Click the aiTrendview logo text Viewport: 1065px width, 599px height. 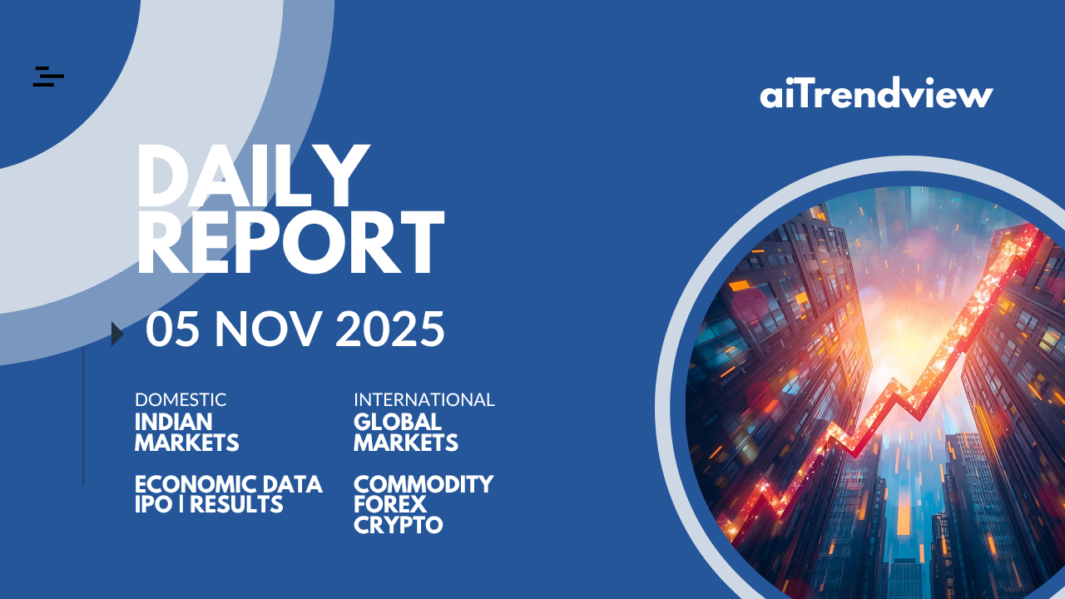[x=876, y=92]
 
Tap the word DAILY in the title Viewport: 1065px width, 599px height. [x=254, y=176]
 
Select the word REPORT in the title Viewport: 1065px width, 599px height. [x=291, y=242]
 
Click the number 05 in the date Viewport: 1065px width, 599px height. [x=172, y=329]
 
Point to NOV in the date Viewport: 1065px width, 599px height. [x=268, y=329]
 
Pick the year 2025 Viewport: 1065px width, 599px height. [x=390, y=329]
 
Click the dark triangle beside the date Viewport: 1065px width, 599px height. [x=117, y=334]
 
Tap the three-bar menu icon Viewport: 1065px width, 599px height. [x=48, y=77]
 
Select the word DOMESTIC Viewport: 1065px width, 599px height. [x=181, y=400]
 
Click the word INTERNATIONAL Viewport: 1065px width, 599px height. [x=424, y=400]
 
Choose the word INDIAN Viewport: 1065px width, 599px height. [x=174, y=422]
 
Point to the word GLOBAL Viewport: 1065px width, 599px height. [x=398, y=422]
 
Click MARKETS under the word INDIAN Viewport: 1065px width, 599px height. [x=187, y=443]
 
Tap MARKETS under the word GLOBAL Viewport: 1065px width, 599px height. [x=405, y=443]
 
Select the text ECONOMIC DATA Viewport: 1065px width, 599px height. [x=229, y=484]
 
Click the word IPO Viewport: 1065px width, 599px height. [x=154, y=504]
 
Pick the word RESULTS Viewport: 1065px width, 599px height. [x=236, y=504]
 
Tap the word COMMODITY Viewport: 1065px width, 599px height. [x=424, y=484]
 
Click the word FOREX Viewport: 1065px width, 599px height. [x=390, y=504]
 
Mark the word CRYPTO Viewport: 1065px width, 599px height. [x=399, y=525]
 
